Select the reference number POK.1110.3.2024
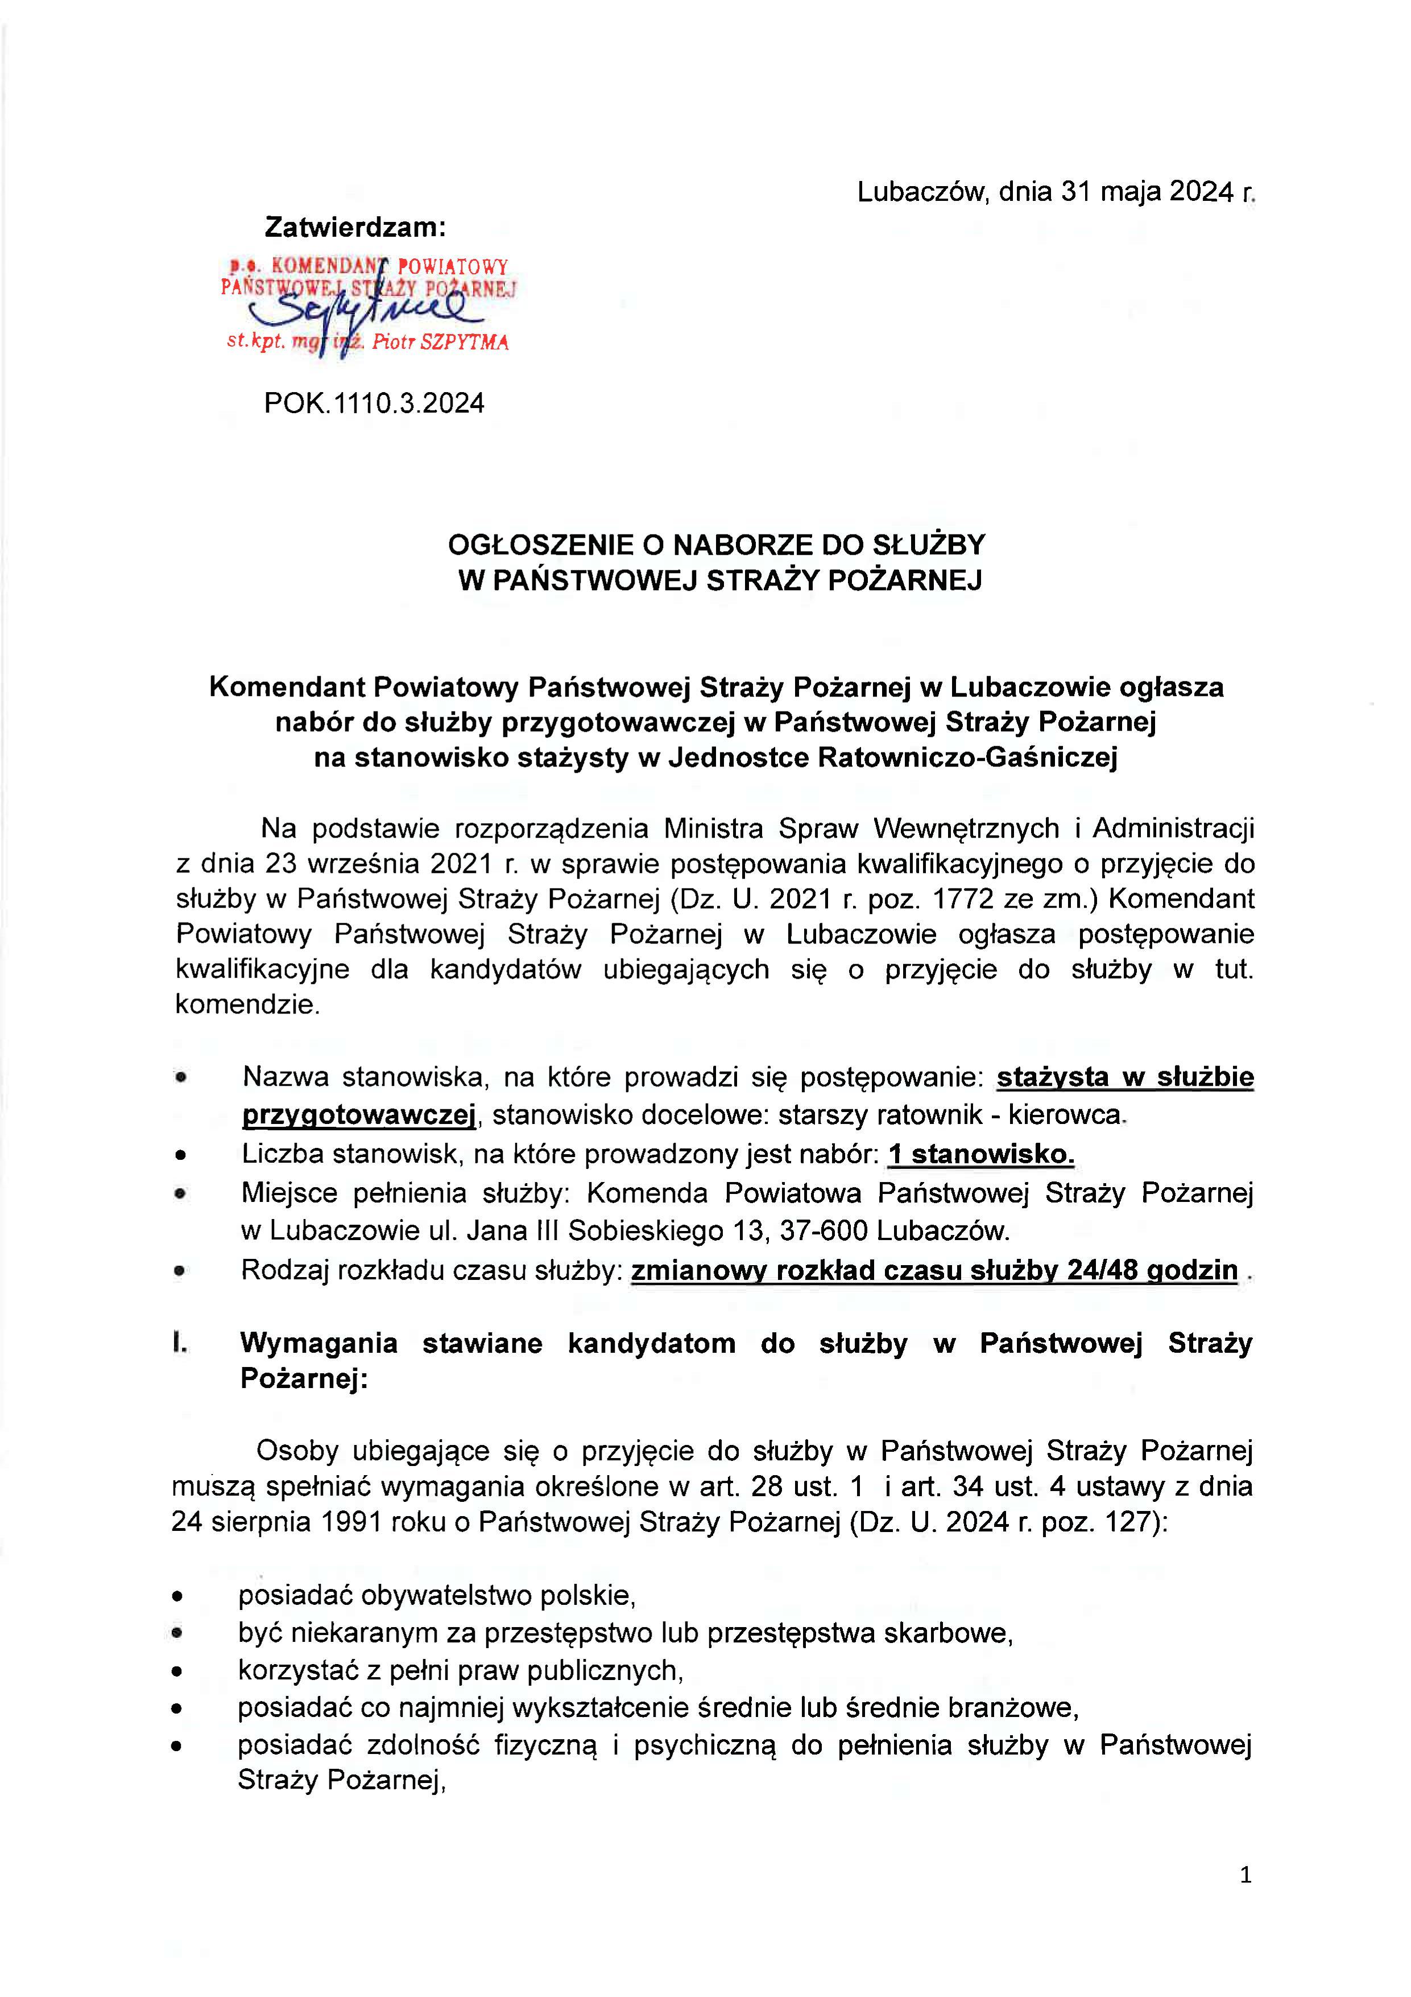374,403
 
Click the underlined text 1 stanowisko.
980,1154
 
